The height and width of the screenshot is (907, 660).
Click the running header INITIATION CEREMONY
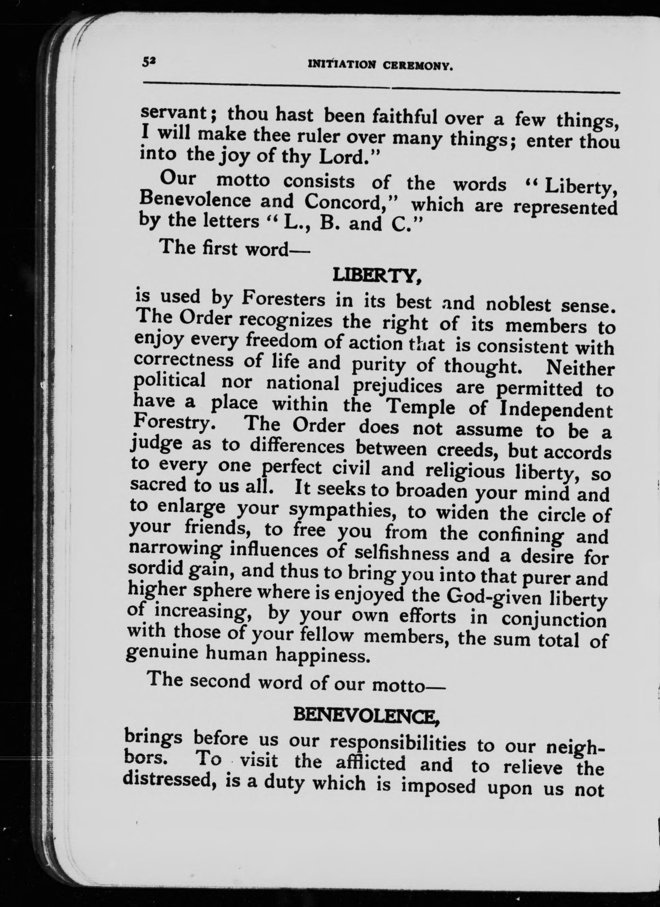coord(380,65)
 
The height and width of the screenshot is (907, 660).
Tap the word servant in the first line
coord(174,113)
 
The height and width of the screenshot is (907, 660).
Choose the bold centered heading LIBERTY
coord(377,275)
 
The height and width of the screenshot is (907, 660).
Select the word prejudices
coord(398,387)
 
